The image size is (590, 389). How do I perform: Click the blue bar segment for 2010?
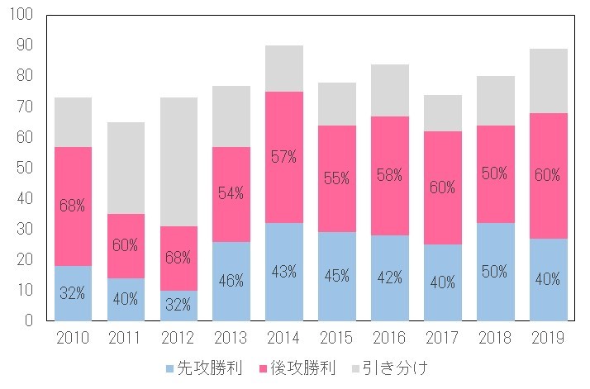[x=73, y=293]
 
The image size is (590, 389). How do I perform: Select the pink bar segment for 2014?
[x=284, y=157]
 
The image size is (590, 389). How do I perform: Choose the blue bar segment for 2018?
[x=496, y=271]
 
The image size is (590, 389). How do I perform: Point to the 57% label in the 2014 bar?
[x=284, y=158]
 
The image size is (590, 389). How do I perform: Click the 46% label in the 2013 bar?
[x=231, y=282]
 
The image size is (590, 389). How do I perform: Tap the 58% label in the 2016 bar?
[x=390, y=176]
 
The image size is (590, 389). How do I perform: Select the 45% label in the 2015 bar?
[x=337, y=277]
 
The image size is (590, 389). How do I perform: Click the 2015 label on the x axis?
[x=337, y=338]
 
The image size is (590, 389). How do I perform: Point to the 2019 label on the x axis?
[x=549, y=338]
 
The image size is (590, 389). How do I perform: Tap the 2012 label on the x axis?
[x=178, y=338]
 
